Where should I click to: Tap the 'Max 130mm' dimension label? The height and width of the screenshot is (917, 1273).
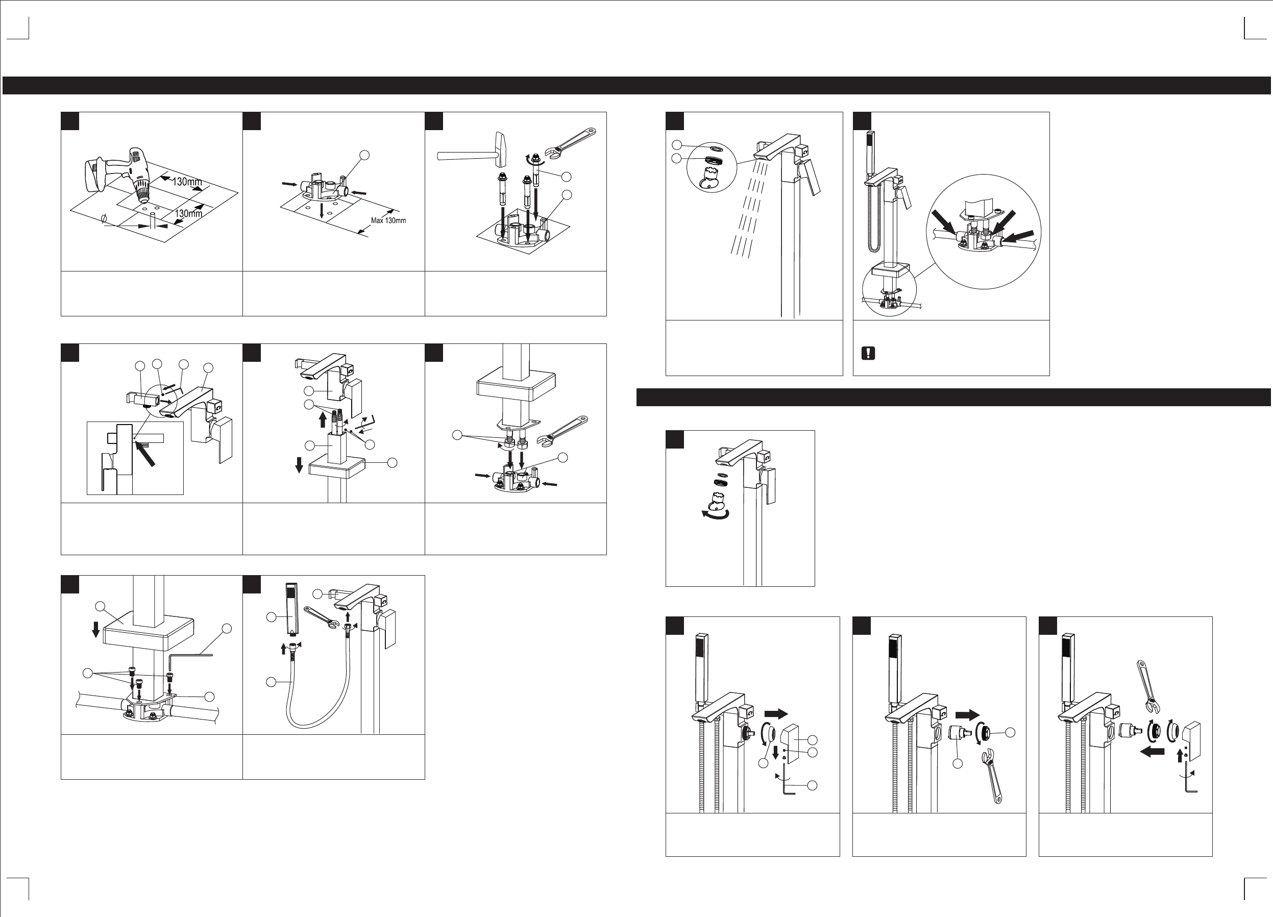pos(388,220)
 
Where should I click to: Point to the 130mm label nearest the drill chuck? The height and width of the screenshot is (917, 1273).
pos(187,182)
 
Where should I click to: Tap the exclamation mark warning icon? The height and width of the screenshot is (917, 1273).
pos(868,353)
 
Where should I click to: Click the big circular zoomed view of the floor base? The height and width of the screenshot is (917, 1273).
pos(984,232)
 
